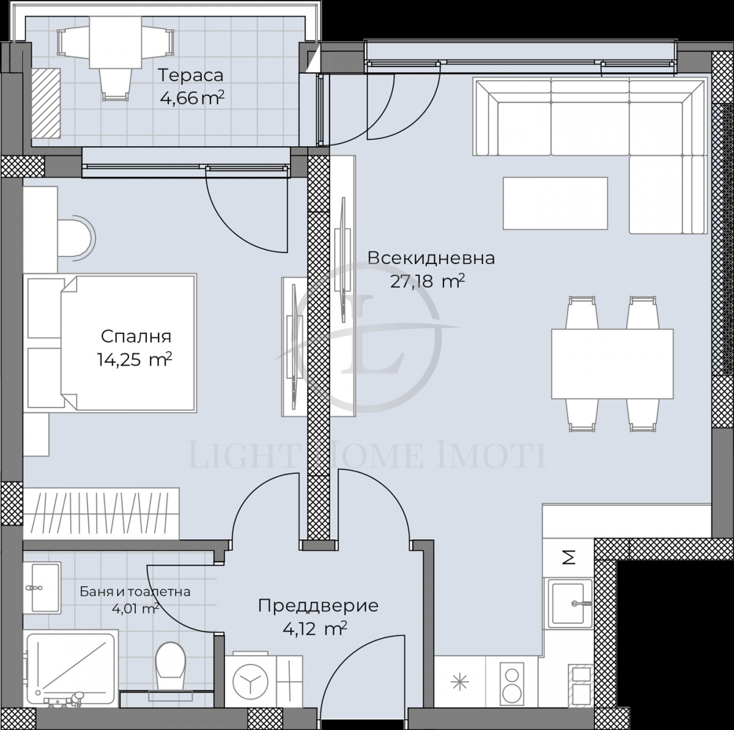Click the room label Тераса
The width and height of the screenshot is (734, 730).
tap(191, 76)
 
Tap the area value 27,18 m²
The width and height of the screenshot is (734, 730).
tap(428, 281)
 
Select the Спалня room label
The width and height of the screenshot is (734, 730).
tap(136, 336)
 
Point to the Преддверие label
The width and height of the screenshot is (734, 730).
tap(318, 606)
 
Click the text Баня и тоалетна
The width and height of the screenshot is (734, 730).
tap(135, 592)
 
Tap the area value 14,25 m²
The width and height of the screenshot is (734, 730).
tap(134, 359)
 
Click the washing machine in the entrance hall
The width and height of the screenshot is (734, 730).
tap(250, 679)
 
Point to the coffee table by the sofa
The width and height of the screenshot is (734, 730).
tap(555, 204)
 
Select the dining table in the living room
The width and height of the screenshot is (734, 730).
tap(612, 364)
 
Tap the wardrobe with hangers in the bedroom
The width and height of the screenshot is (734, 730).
tap(101, 514)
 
